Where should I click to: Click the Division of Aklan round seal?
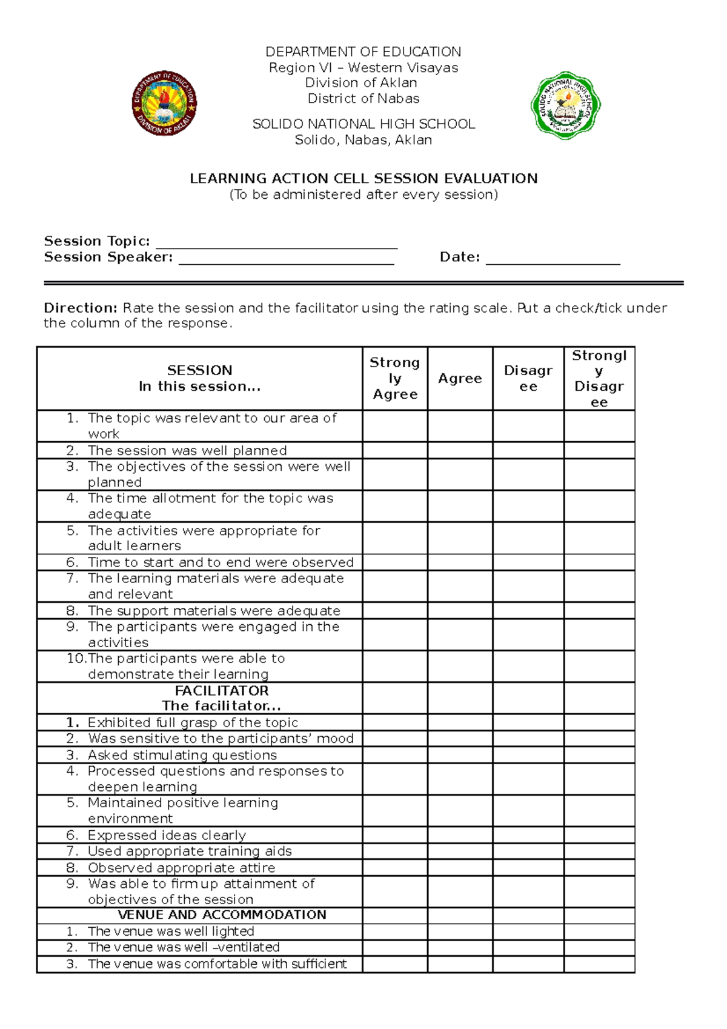[x=164, y=103]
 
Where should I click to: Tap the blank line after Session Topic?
[x=276, y=244]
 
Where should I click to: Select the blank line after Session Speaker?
[x=286, y=260]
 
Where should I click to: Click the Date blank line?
[x=553, y=260]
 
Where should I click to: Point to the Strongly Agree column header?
[x=395, y=378]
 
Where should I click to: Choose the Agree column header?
[x=460, y=378]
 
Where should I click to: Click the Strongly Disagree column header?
[x=599, y=378]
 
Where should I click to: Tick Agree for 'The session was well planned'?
[x=460, y=450]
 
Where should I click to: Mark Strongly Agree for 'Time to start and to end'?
[x=395, y=562]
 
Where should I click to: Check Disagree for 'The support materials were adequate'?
[x=528, y=610]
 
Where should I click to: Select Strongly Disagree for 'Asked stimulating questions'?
[x=599, y=755]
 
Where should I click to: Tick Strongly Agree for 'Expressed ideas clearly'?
[x=395, y=835]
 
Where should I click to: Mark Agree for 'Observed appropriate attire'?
[x=460, y=868]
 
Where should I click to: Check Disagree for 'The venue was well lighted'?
[x=528, y=931]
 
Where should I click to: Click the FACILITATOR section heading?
[x=222, y=691]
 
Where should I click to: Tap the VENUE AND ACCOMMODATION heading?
[x=222, y=915]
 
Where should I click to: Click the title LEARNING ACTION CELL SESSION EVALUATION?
[x=363, y=179]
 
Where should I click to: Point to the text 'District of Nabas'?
[x=363, y=99]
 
